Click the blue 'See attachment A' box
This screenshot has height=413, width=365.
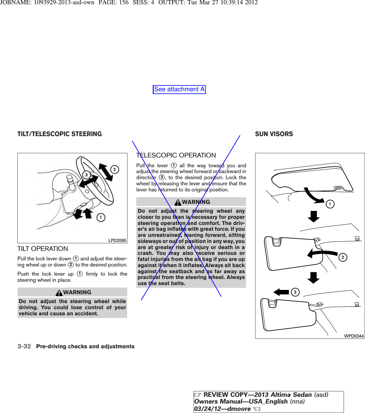pos(179,89)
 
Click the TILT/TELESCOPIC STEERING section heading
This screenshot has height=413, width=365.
pos(59,134)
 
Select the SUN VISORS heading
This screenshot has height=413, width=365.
pos(274,134)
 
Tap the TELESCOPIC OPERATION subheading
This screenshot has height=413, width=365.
pos(176,155)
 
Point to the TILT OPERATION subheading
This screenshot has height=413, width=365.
pos(43,249)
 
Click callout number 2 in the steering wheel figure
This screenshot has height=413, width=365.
pos(114,169)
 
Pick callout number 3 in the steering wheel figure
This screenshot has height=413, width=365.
pos(87,175)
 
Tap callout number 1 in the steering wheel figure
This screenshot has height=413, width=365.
pos(101,217)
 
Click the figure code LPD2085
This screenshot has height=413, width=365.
pos(117,241)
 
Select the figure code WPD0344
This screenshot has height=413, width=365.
pos(354,336)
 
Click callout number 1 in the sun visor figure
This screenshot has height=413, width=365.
pos(330,204)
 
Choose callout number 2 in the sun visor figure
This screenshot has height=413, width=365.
pos(342,257)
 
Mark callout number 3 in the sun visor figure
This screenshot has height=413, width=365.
pos(295,292)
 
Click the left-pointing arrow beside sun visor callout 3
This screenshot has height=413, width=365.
pos(281,292)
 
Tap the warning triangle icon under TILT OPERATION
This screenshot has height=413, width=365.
pos(59,293)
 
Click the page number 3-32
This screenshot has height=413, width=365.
pos(24,346)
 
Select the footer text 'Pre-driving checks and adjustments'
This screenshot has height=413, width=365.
pos(85,346)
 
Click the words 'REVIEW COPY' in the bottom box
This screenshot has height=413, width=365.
pos(225,395)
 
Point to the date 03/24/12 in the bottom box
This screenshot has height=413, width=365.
pos(207,409)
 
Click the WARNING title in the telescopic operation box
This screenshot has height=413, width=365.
pos(196,202)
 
